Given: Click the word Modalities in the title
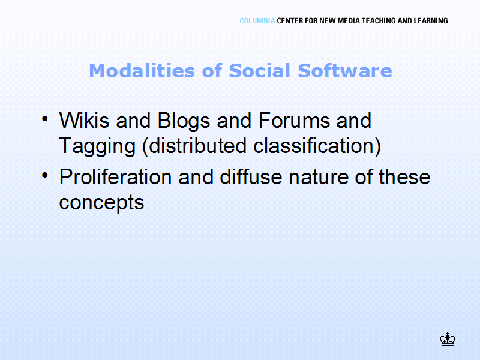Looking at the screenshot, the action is click(142, 71).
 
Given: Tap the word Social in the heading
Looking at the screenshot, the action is click(260, 71).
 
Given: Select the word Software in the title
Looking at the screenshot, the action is click(345, 71).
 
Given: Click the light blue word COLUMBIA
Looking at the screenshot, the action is click(257, 21).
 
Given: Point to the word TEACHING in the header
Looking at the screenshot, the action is click(379, 21).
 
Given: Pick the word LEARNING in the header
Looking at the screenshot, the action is click(431, 21).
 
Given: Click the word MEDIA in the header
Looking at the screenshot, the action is click(349, 21).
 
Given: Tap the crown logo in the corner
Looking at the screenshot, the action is click(448, 339).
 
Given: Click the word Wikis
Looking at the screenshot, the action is click(84, 120).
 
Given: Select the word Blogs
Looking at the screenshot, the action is click(184, 121).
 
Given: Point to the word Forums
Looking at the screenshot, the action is click(294, 120).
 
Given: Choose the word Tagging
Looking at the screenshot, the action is click(97, 146).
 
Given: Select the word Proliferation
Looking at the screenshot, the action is click(115, 176).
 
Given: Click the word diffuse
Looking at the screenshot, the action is click(251, 176).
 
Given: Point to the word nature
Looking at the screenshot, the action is click(319, 178).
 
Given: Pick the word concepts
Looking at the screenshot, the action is click(101, 203).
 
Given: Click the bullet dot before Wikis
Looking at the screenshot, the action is click(45, 119).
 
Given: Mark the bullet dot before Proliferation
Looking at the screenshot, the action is click(45, 175).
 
